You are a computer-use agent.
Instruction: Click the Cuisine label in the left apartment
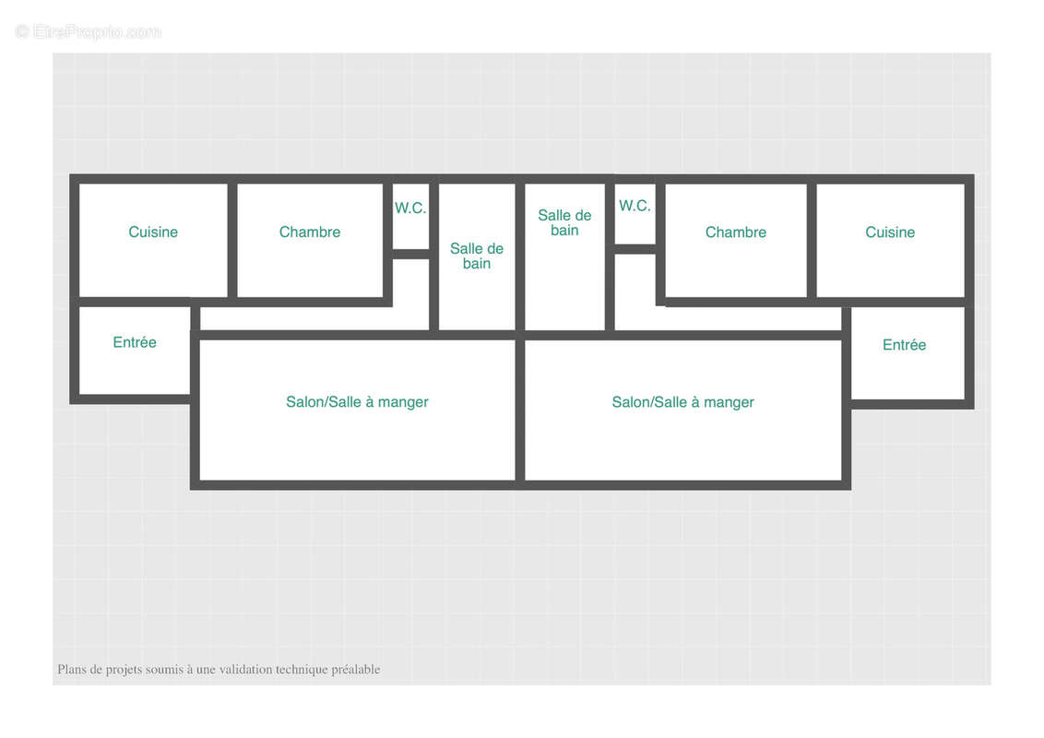coord(153,232)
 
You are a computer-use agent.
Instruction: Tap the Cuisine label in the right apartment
coord(890,232)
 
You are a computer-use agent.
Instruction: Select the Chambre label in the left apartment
coord(310,232)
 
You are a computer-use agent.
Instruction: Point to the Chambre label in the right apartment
coord(736,232)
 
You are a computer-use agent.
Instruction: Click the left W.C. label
coord(410,208)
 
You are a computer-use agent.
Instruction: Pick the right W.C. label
coord(635,206)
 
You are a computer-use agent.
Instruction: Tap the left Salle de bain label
coord(477,256)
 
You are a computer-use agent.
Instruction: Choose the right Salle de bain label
coord(564,222)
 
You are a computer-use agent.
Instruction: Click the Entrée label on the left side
coord(135,341)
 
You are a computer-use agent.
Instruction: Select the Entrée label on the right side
coord(904,344)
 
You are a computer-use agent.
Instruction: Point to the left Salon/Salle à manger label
coord(358,402)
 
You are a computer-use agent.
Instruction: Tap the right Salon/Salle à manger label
coord(683,402)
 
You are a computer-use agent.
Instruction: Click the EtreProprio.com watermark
coord(89,31)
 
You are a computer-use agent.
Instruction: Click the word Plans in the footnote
coord(71,669)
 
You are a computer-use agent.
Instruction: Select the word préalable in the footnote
coord(356,670)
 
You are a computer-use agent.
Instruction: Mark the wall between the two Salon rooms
coord(520,410)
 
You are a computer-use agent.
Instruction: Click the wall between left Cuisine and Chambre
coord(232,241)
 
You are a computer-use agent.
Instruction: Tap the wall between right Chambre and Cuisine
coord(812,241)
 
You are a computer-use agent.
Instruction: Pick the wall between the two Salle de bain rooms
coord(520,256)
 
